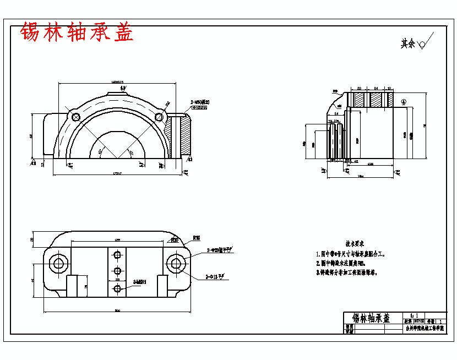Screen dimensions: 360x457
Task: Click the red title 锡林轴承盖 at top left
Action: coord(77,32)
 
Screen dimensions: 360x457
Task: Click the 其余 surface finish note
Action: coord(408,43)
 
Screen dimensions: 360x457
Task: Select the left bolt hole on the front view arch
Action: coord(76,116)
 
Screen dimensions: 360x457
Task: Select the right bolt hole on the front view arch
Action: coord(160,117)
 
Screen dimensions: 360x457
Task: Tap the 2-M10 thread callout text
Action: coord(199,102)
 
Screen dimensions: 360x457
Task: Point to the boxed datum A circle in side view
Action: coord(404,101)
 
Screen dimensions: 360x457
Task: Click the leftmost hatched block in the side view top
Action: coord(358,100)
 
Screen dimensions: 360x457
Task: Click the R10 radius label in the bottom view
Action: coord(197,238)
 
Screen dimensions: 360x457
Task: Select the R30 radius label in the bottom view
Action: coord(174,241)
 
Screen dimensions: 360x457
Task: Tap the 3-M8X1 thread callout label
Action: coord(139,282)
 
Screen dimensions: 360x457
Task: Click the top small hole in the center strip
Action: coord(117,255)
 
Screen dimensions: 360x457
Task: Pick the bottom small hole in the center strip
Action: coord(117,288)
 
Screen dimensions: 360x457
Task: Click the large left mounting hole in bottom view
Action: coord(58,263)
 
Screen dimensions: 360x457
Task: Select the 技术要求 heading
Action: coord(355,243)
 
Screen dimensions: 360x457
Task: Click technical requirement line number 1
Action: coord(352,254)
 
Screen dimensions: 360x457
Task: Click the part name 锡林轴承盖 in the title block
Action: coord(371,318)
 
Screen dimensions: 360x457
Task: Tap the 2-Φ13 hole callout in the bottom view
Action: coord(214,277)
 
